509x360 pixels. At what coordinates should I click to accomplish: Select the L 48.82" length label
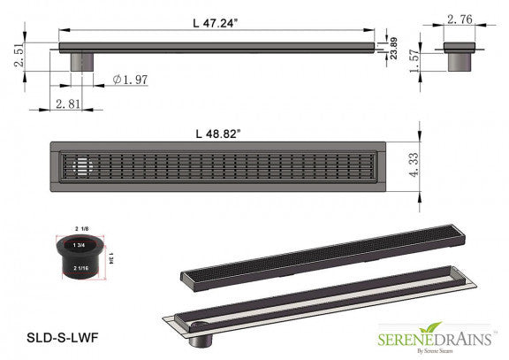point(218,133)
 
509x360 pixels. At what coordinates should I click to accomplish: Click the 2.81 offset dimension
point(69,104)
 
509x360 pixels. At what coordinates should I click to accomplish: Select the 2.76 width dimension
point(460,19)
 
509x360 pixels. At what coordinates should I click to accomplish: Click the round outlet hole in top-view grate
point(79,165)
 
